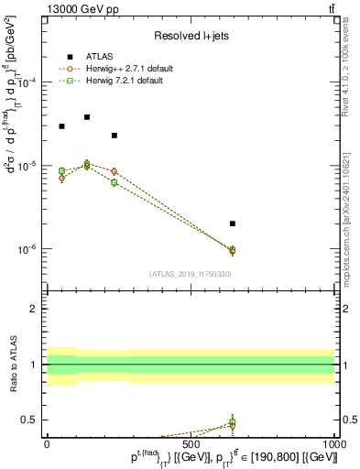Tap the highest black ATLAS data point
pyautogui.click(x=87, y=117)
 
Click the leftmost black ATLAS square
pyautogui.click(x=61, y=126)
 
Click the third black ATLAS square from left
pyautogui.click(x=115, y=136)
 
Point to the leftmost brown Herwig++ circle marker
pyautogui.click(x=61, y=178)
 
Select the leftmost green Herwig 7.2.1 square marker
pyautogui.click(x=61, y=171)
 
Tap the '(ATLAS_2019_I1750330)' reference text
pyautogui.click(x=191, y=274)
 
